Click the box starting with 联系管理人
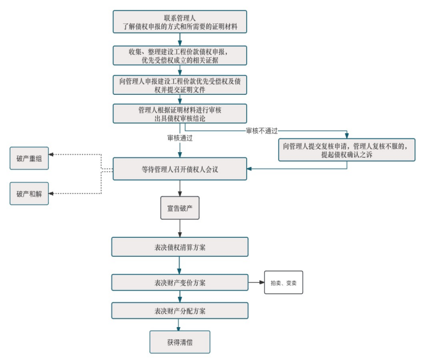pos(180,22)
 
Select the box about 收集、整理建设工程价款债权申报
pos(180,55)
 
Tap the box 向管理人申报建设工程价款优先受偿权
pos(180,85)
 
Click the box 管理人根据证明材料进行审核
pos(180,114)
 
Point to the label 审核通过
pos(180,138)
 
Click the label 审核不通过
pos(262,131)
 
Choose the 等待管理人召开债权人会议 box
pos(180,169)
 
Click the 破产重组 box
pos(29,159)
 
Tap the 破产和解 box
pos(29,193)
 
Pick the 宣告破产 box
pos(180,208)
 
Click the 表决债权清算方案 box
pos(180,247)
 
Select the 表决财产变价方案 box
pos(180,283)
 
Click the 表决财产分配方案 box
pos(180,310)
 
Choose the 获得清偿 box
pos(180,342)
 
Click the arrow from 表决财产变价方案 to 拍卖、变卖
pos(256,283)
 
